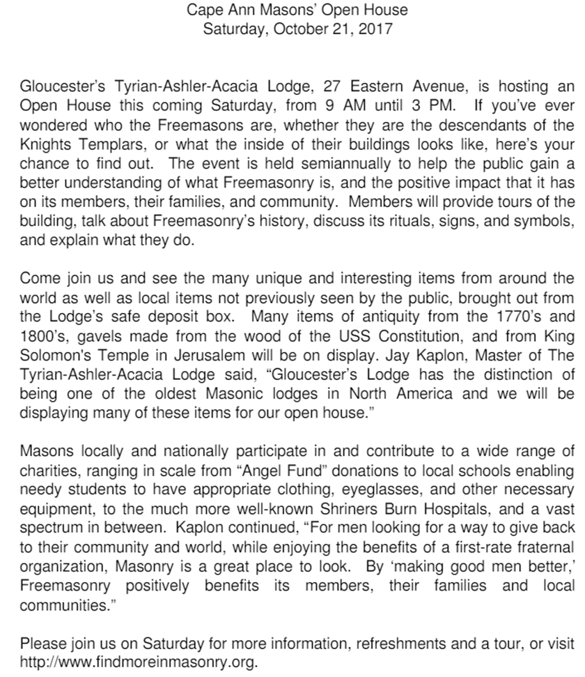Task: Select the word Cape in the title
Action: pos(201,10)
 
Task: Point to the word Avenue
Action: pos(432,87)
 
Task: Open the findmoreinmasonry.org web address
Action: pos(139,661)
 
